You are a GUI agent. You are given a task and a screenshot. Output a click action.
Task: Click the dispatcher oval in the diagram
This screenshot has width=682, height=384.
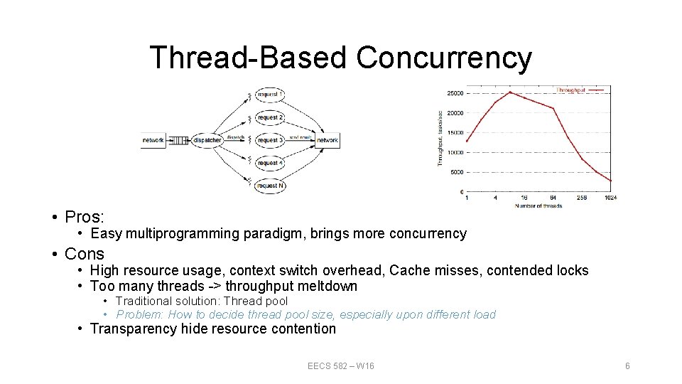point(207,140)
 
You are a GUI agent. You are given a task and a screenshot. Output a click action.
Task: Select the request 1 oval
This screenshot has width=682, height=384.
point(269,95)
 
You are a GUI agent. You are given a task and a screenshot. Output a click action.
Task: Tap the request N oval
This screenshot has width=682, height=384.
point(269,186)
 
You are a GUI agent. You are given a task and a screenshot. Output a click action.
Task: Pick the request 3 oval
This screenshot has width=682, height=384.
point(269,140)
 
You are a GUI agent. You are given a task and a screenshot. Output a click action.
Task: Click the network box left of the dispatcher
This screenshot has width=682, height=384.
point(153,140)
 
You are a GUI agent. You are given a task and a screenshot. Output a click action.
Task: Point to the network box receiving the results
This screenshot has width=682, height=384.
point(328,140)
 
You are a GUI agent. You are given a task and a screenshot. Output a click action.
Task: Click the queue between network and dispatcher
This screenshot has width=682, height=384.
point(178,140)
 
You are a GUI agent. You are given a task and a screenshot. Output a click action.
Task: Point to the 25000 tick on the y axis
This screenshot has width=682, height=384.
point(454,93)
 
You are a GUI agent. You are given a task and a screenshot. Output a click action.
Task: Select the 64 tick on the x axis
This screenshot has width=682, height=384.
point(553,198)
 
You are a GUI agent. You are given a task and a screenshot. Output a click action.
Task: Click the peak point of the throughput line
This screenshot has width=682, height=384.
point(509,92)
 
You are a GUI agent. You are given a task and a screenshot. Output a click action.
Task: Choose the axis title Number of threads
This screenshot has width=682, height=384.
point(538,206)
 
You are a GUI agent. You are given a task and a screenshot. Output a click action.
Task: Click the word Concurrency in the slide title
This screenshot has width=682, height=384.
point(443,58)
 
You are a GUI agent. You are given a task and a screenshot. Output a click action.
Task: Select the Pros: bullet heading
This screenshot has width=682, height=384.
point(84,216)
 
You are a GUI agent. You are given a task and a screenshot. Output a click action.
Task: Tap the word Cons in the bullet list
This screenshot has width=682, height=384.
point(84,254)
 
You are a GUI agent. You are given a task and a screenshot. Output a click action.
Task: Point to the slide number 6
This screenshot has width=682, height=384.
point(627,366)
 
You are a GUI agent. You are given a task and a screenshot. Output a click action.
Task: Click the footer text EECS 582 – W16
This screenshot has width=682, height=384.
point(341,366)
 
